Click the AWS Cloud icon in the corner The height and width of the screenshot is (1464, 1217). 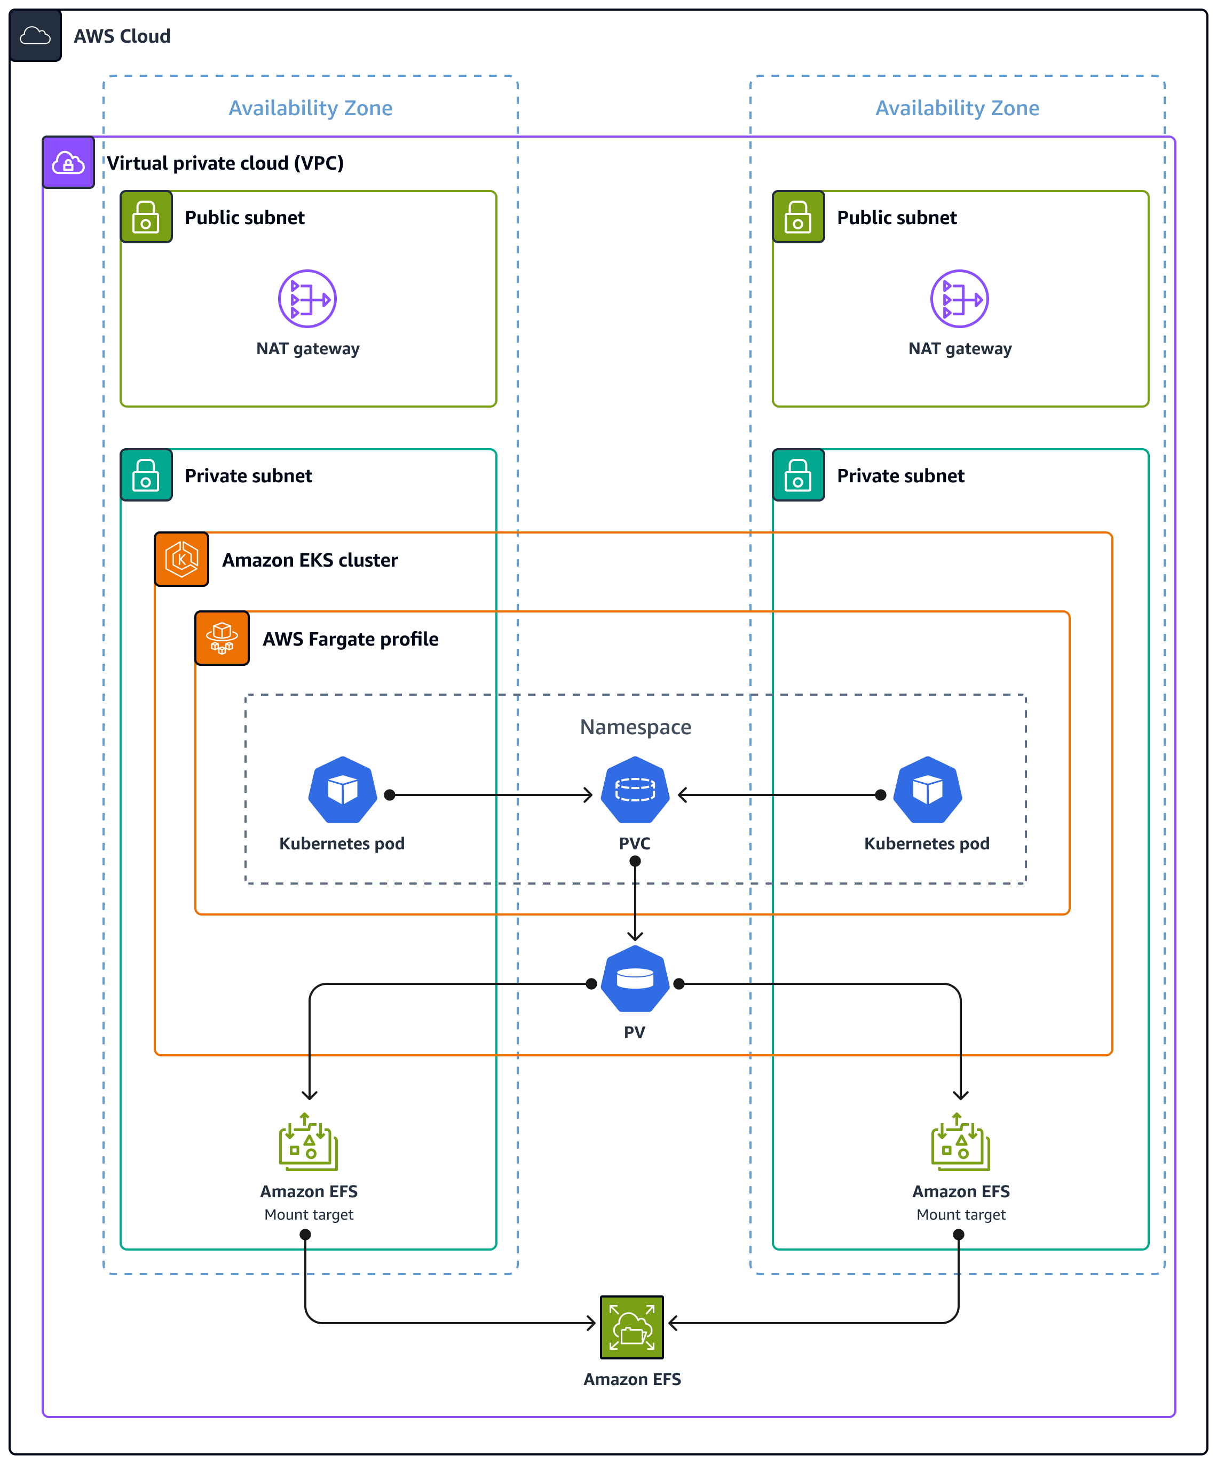[x=35, y=36]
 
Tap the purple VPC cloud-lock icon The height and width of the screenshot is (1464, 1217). [x=68, y=162]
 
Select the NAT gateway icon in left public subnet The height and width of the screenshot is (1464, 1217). [x=307, y=299]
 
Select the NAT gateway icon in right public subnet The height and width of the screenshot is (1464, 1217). [x=959, y=299]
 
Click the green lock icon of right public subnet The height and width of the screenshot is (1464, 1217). [x=798, y=217]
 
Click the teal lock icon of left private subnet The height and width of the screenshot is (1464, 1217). [x=146, y=475]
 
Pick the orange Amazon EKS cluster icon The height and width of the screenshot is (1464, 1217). [x=181, y=559]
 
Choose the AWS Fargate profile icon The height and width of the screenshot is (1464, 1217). [x=222, y=638]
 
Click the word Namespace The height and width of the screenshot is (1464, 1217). [x=635, y=727]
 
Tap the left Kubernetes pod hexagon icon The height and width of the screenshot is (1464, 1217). [x=343, y=790]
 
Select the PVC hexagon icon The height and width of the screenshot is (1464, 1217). [x=635, y=790]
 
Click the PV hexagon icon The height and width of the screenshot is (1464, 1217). [x=635, y=979]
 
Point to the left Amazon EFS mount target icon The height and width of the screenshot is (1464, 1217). [x=309, y=1142]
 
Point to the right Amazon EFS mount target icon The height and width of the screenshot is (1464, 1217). [x=960, y=1142]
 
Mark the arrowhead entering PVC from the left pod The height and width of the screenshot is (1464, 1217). [x=588, y=795]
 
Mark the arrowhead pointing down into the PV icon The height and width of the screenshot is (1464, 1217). [x=635, y=936]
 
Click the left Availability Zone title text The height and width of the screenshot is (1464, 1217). [x=310, y=108]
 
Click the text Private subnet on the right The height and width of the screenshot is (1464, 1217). [x=900, y=475]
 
